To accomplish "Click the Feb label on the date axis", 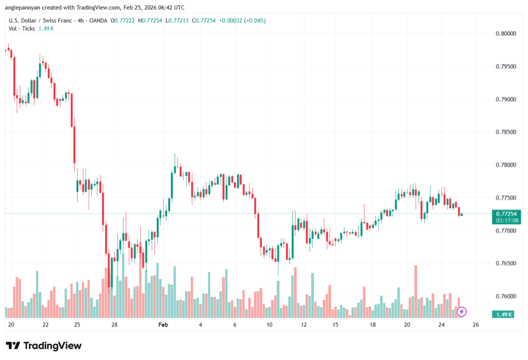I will (x=163, y=325).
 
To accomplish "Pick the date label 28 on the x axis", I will (x=114, y=325).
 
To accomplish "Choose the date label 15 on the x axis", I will (x=335, y=325).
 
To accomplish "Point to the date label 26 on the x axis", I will (x=475, y=325).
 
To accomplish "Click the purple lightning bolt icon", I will (x=462, y=312).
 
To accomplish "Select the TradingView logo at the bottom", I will (x=44, y=346).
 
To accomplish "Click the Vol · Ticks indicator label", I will (x=22, y=28).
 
